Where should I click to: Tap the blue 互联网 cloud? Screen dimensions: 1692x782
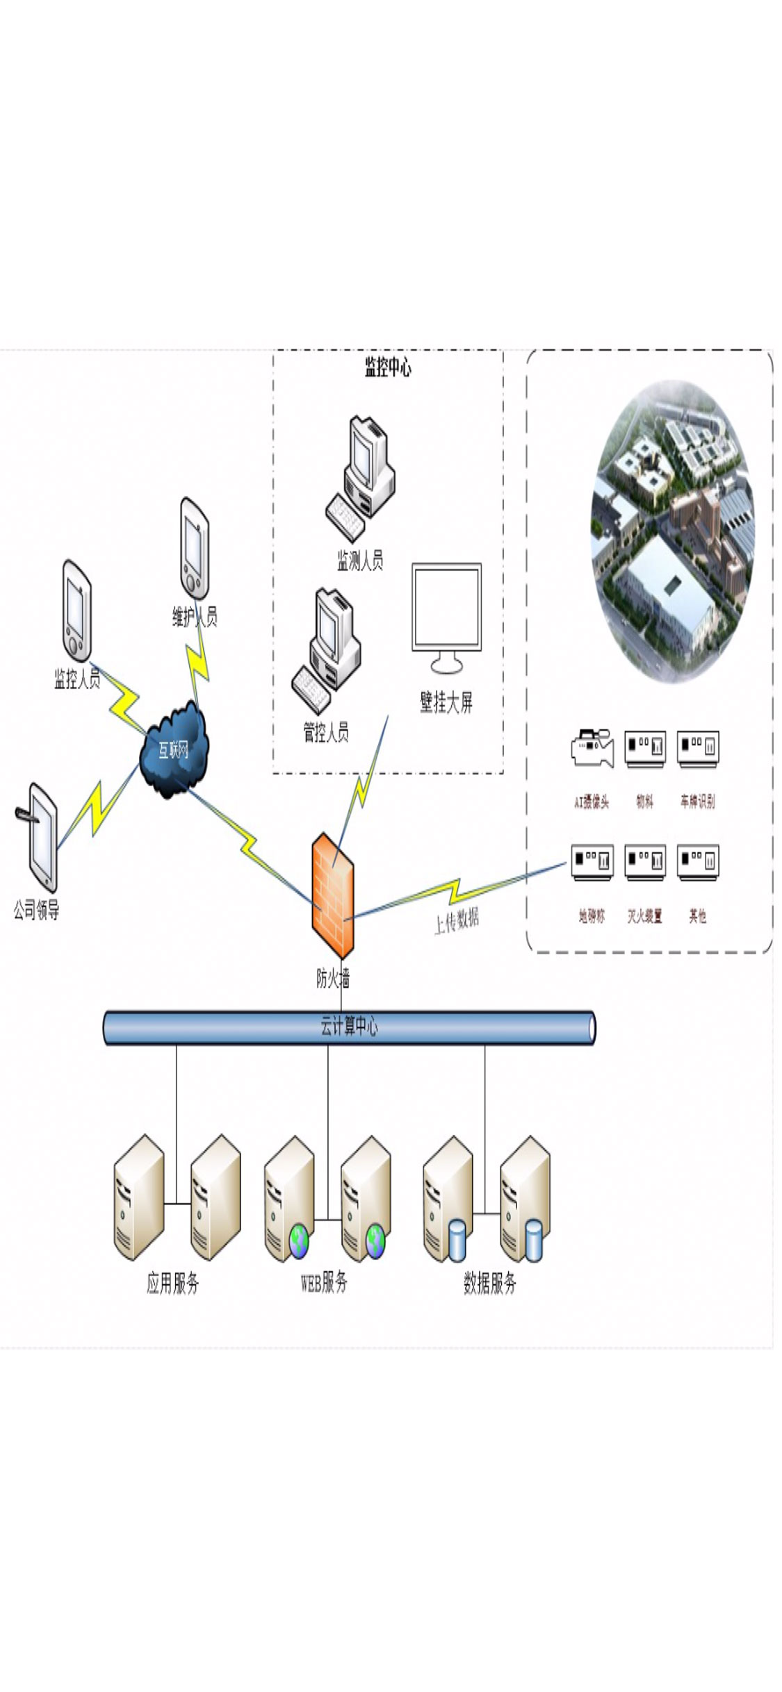[x=173, y=749]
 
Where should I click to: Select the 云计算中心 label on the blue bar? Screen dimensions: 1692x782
[x=349, y=1026]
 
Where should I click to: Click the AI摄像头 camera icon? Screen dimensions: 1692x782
[x=592, y=747]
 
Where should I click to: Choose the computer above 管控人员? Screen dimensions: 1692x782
[x=327, y=650]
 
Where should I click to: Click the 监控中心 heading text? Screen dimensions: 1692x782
[x=388, y=367]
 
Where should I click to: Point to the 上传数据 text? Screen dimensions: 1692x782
[x=457, y=921]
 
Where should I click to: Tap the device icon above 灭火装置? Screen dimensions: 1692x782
[x=644, y=862]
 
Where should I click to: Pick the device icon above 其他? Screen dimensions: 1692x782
[x=697, y=862]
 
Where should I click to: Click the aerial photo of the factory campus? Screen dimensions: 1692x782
[x=671, y=531]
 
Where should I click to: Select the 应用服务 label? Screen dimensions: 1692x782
[x=173, y=1283]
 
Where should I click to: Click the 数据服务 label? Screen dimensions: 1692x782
[x=490, y=1283]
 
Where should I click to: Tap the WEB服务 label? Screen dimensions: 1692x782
[x=324, y=1282]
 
